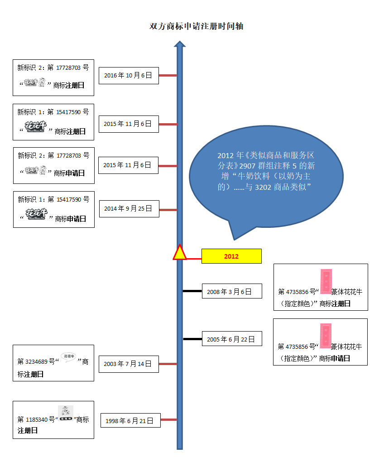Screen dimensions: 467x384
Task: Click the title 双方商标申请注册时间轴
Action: point(197,26)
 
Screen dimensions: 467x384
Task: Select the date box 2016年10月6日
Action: point(129,75)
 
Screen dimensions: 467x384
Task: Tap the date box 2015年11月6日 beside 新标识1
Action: point(129,124)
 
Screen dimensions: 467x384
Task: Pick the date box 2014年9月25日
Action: point(129,209)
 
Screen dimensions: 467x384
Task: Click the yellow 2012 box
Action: point(231,256)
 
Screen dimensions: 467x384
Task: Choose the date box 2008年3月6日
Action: point(232,291)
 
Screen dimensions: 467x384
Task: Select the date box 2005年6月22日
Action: point(232,339)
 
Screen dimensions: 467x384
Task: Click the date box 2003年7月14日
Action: point(129,364)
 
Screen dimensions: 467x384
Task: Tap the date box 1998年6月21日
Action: point(130,421)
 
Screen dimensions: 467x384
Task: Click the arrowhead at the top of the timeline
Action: point(180,44)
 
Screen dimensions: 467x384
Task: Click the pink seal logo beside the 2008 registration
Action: point(326,281)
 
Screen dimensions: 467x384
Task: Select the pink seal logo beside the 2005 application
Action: point(326,336)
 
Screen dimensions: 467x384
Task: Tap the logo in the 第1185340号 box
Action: point(66,414)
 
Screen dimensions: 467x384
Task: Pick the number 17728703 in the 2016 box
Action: point(68,67)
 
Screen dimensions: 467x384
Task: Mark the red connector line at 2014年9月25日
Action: point(168,210)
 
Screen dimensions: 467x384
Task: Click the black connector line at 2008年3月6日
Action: point(192,291)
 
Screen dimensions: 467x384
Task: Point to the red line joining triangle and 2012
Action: point(194,259)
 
